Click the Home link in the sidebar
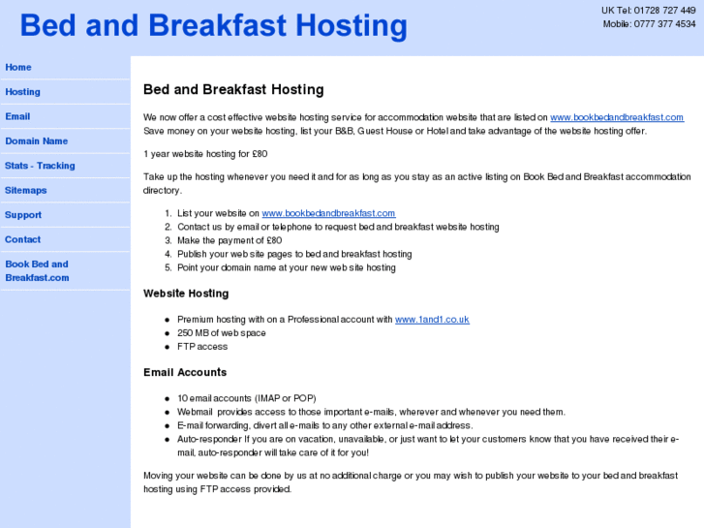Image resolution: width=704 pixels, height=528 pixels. (x=18, y=68)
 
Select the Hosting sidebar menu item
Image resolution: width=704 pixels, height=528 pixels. (x=23, y=92)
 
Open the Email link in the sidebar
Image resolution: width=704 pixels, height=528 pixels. (x=17, y=117)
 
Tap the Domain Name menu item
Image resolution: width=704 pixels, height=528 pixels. (x=37, y=141)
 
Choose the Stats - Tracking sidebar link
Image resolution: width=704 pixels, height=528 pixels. (x=40, y=166)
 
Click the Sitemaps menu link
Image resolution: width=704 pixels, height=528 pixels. (x=26, y=191)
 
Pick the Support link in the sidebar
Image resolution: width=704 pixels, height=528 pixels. (x=23, y=215)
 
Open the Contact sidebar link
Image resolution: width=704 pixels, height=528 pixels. (x=23, y=239)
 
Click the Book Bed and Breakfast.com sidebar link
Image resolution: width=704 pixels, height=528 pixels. (x=37, y=270)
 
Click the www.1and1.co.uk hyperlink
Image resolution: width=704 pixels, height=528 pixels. (x=432, y=319)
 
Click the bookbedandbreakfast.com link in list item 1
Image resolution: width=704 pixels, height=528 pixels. (x=328, y=213)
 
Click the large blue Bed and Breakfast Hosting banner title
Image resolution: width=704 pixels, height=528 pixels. (x=213, y=26)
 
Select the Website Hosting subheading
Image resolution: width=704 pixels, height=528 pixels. (x=186, y=294)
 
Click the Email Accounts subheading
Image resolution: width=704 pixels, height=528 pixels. (x=185, y=372)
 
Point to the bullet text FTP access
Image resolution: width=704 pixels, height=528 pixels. (x=202, y=346)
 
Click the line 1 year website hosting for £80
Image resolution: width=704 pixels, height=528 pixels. (x=205, y=153)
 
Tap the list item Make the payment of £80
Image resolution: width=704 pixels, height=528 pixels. (x=230, y=240)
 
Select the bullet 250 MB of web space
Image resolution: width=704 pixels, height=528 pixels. (x=221, y=332)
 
